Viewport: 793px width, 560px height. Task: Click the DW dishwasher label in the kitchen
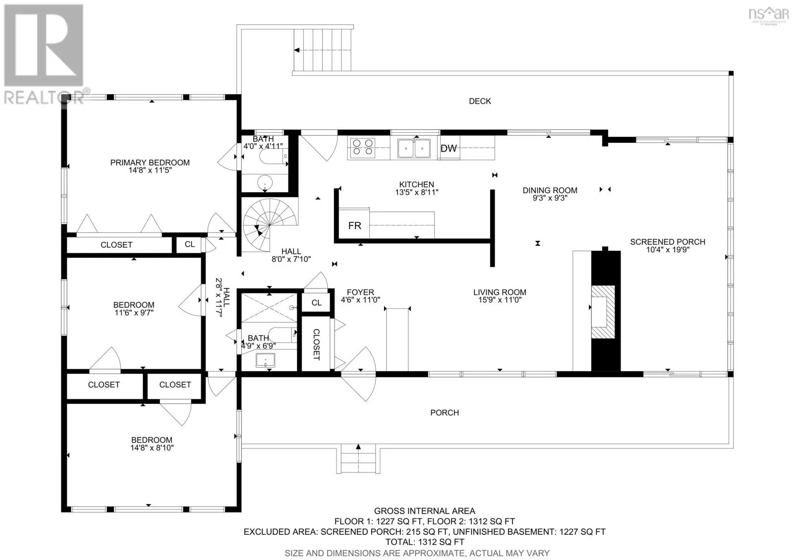coord(449,148)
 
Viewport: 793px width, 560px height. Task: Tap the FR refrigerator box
coord(354,224)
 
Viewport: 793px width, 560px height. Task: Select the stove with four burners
coord(362,147)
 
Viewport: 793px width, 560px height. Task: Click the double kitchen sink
coord(414,148)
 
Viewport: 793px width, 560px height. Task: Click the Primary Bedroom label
coord(150,163)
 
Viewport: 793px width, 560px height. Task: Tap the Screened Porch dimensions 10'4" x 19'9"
coord(668,250)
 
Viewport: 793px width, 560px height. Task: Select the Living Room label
coord(500,292)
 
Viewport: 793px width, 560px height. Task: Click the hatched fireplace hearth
coord(603,312)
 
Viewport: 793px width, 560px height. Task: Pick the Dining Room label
coord(550,190)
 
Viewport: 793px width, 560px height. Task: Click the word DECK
coord(480,101)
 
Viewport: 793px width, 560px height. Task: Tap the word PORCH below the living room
coord(444,413)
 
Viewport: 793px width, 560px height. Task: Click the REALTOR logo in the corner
coord(44,55)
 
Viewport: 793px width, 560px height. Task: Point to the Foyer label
coord(360,292)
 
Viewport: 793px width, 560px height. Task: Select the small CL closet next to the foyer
coord(317,303)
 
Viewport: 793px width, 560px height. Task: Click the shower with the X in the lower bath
coord(269,308)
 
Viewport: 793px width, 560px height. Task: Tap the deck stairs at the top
coord(323,50)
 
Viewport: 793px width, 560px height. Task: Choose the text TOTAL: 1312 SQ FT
coord(424,542)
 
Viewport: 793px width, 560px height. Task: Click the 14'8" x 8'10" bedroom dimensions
coord(152,448)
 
